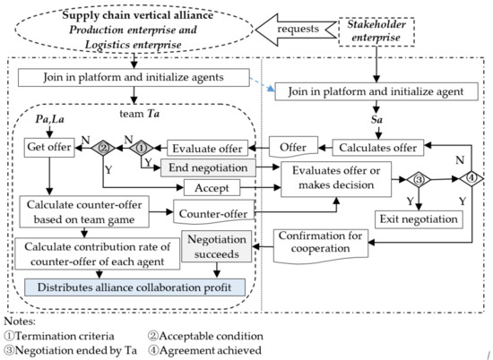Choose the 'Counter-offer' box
(212, 215)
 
